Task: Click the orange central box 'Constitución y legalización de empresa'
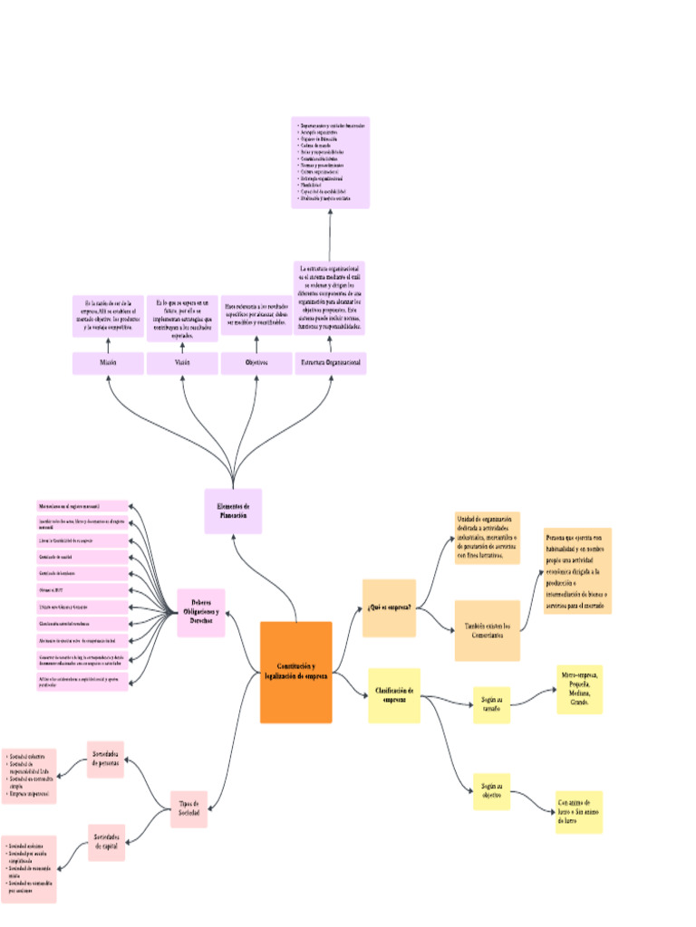(x=295, y=672)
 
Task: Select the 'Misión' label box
(x=108, y=363)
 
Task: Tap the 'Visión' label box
(x=182, y=363)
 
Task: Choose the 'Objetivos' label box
(x=256, y=363)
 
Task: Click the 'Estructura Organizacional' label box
(x=331, y=363)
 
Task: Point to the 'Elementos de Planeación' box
(x=233, y=511)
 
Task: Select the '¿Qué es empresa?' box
(x=389, y=607)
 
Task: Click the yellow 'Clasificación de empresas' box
(x=394, y=695)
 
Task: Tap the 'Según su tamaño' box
(x=492, y=704)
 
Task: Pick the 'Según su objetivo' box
(x=492, y=790)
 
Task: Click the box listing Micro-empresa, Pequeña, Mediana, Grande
(x=579, y=689)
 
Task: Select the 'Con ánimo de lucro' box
(x=579, y=811)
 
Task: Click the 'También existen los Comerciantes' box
(x=487, y=630)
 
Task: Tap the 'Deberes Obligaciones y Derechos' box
(x=200, y=612)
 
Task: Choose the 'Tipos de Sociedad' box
(x=189, y=808)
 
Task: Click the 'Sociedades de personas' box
(x=106, y=759)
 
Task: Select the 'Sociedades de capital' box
(x=106, y=842)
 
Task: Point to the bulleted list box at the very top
(x=330, y=163)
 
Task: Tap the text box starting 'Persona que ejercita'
(x=577, y=570)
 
